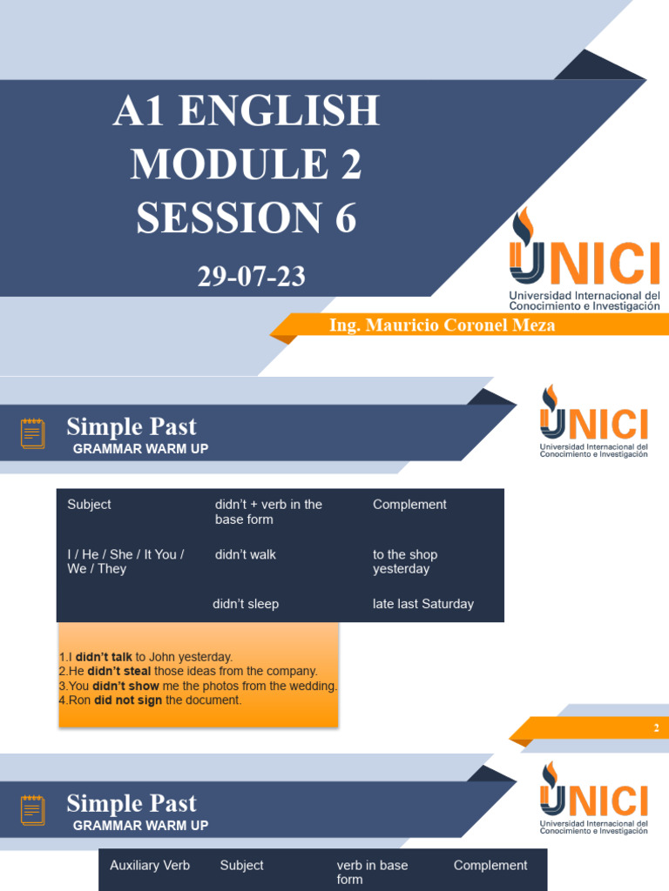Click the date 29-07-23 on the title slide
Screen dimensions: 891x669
point(251,278)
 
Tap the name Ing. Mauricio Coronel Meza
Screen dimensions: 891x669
point(442,325)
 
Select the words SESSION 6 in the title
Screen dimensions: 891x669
point(247,217)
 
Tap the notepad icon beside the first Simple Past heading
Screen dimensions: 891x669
point(33,432)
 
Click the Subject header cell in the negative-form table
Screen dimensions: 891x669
point(89,505)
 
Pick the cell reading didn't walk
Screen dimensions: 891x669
point(245,555)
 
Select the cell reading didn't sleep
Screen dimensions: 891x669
point(246,604)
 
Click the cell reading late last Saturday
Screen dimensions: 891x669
point(422,604)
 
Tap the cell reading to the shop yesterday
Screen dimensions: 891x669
point(404,561)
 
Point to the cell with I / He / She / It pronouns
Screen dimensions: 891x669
point(125,561)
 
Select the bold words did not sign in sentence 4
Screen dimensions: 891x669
point(128,700)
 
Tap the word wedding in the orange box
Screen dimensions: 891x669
point(313,686)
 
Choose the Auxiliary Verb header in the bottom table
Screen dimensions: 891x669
point(150,866)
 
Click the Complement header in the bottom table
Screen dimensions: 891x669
point(490,866)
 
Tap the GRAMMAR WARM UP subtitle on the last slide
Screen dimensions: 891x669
point(140,826)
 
